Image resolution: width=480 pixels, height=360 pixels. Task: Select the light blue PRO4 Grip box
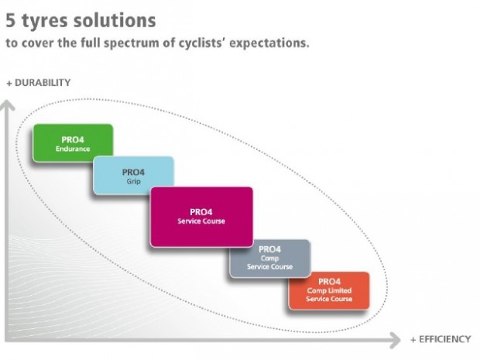point(133,175)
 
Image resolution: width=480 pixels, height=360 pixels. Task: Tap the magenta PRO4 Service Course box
point(201,217)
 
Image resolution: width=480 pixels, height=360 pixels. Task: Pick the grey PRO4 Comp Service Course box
point(269,259)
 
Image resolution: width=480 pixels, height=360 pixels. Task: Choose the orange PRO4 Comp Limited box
point(329,290)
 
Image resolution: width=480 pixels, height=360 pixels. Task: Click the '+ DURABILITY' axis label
point(39,82)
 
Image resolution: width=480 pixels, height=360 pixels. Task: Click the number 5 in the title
point(12,19)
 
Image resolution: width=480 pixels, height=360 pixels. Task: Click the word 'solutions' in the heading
point(117,19)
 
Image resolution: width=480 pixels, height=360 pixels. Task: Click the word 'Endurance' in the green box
point(73,148)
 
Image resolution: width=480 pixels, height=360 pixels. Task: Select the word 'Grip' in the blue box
point(133,181)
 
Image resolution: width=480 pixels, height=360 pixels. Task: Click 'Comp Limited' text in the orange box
point(329,291)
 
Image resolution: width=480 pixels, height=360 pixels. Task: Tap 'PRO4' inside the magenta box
point(201,211)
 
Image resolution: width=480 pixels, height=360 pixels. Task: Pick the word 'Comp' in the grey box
point(269,258)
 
